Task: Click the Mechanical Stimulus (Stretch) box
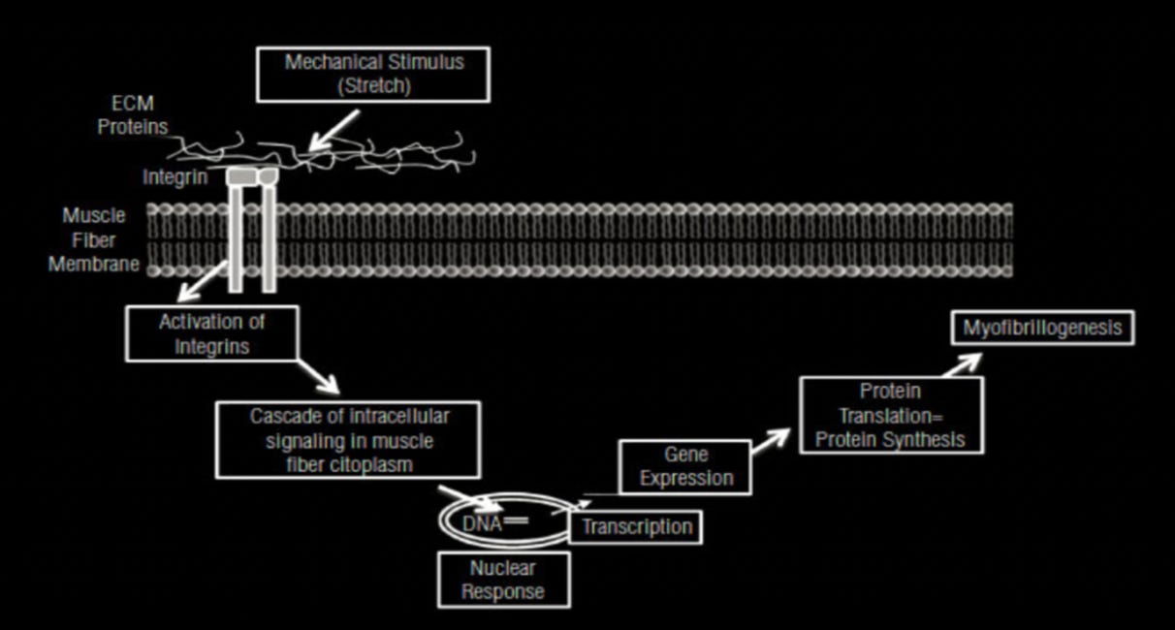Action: pyautogui.click(x=373, y=74)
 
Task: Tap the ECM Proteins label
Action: pyautogui.click(x=133, y=114)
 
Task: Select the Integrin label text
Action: pyautogui.click(x=175, y=177)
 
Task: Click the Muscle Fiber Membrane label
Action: pyautogui.click(x=94, y=239)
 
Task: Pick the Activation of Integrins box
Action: pyautogui.click(x=211, y=332)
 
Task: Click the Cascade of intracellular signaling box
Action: pyautogui.click(x=348, y=439)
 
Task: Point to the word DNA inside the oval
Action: pyautogui.click(x=483, y=523)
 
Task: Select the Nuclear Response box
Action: pyautogui.click(x=502, y=579)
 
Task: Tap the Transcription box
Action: pyautogui.click(x=636, y=527)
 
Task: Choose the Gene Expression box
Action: pyautogui.click(x=685, y=465)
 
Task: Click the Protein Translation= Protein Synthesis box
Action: pyautogui.click(x=889, y=415)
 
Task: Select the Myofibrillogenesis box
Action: pyautogui.click(x=1041, y=328)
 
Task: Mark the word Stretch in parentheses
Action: pyautogui.click(x=373, y=85)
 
